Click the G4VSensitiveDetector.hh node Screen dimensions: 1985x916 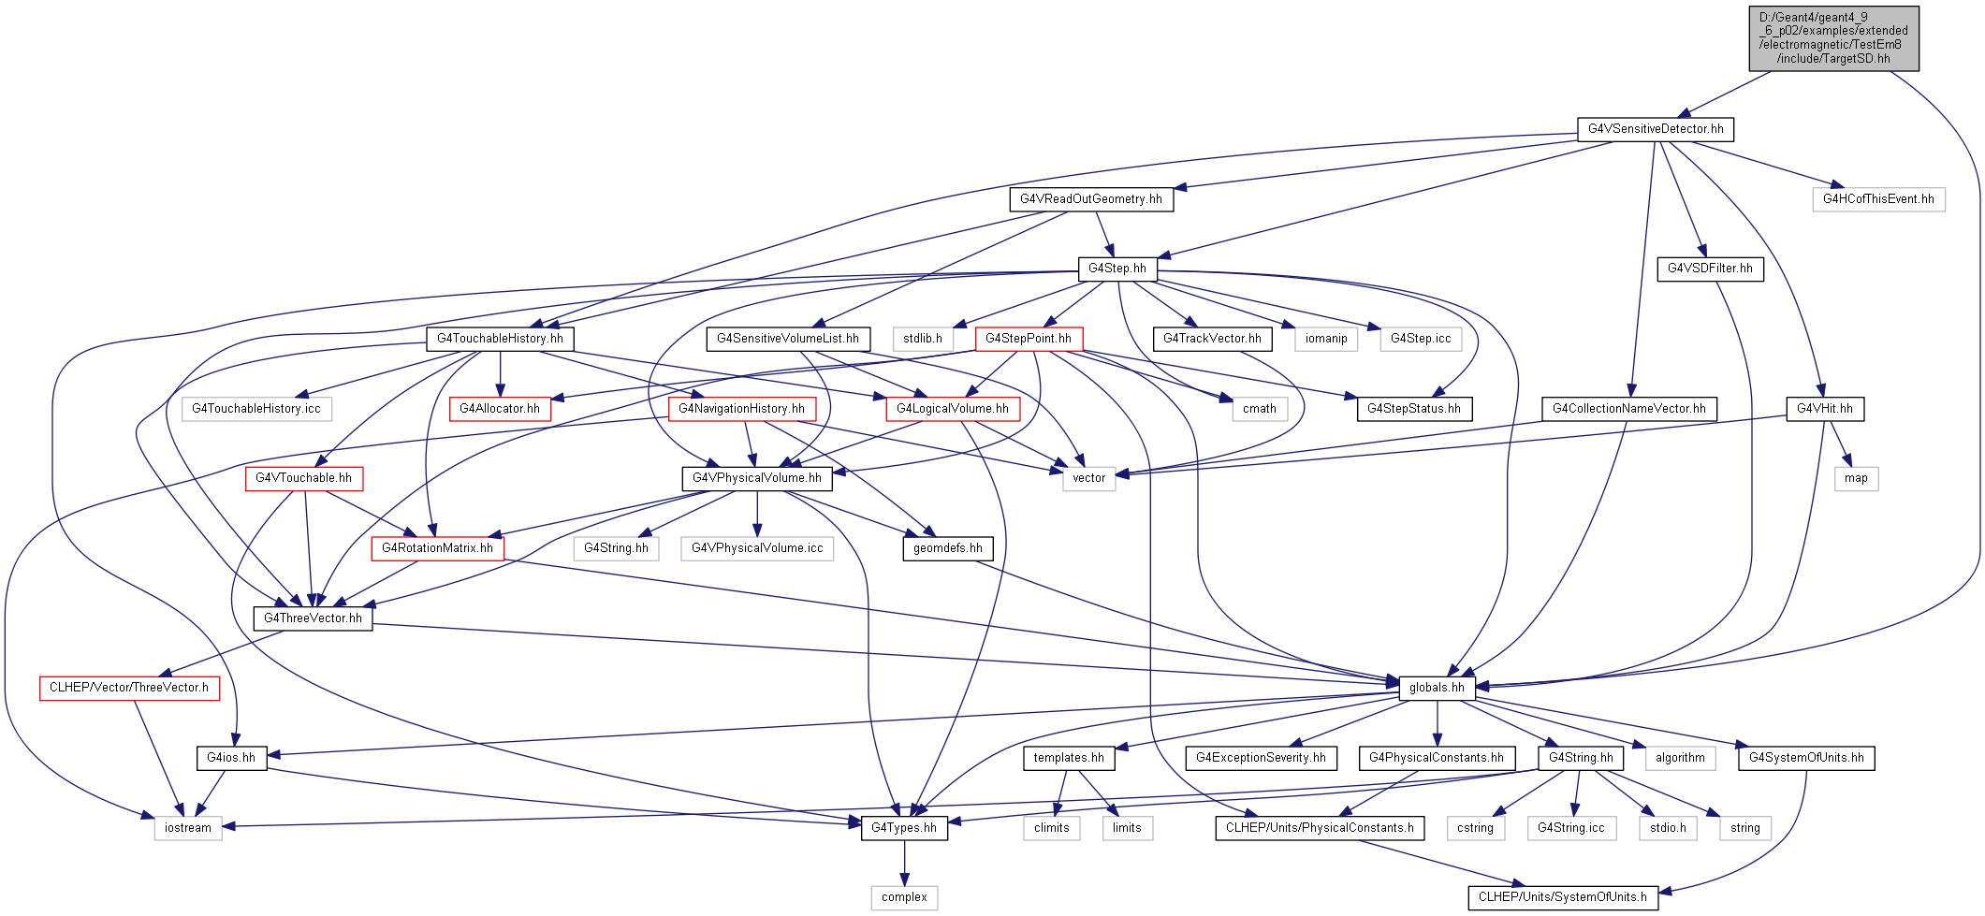(x=1655, y=129)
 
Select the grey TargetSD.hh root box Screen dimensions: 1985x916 (x=1833, y=38)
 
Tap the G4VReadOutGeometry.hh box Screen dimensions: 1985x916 (x=1090, y=199)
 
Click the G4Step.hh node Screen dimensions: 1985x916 (x=1117, y=269)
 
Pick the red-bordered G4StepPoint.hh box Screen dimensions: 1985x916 (x=1029, y=339)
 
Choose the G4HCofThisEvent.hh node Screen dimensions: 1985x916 (x=1878, y=199)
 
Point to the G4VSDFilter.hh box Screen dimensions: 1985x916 (x=1710, y=269)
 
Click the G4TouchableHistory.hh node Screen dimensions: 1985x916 (x=500, y=339)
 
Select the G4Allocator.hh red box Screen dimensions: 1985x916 (x=500, y=409)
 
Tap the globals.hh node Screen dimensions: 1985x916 (x=1437, y=688)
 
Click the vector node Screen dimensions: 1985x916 (x=1088, y=478)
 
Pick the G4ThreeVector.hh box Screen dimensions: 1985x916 (x=313, y=618)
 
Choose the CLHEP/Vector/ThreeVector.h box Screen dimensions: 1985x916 (x=129, y=688)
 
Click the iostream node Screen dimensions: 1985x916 (x=188, y=828)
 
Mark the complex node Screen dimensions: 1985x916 (x=904, y=897)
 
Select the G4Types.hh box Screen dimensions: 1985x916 (x=903, y=828)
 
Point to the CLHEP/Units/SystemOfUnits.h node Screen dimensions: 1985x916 (x=1562, y=897)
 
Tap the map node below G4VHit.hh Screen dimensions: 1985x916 (x=1856, y=478)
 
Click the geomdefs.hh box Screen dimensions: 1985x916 (x=948, y=548)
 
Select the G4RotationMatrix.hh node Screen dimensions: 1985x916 (x=437, y=548)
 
